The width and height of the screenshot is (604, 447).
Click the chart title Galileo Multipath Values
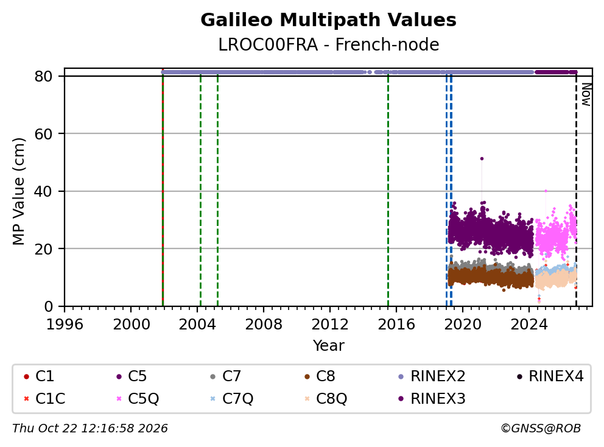328,20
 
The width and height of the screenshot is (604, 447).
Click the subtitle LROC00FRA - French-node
329,44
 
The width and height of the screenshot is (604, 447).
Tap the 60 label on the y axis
43,134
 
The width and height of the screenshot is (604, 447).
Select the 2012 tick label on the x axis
330,325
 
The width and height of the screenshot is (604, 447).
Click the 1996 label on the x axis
65,325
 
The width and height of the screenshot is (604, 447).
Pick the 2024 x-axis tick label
529,325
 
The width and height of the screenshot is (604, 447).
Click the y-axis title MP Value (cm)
18,191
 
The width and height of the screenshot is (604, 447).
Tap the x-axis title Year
329,346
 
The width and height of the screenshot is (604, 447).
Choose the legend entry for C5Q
138,398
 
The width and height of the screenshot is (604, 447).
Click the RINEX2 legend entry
432,376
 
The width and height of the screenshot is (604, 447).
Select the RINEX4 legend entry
550,376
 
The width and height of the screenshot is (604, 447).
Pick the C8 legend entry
320,376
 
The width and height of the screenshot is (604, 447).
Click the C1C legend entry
44,398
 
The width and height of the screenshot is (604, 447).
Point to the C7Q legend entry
232,398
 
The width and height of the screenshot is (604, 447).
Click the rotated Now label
586,94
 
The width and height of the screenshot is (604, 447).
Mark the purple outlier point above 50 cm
482,158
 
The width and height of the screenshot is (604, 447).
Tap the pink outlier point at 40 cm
546,191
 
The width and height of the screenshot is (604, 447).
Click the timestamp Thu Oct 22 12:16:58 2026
90,429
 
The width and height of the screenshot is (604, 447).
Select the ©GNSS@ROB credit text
541,429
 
